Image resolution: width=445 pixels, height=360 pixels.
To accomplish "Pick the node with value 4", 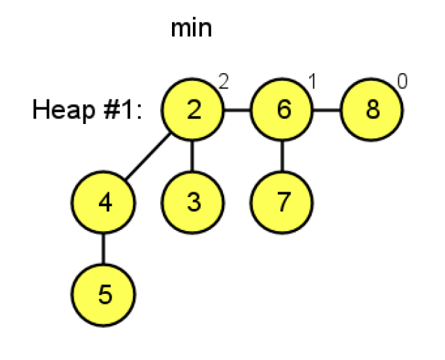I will (x=104, y=202).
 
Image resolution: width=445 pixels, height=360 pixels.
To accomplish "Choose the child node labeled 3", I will (x=193, y=202).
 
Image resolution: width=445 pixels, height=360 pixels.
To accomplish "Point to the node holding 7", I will (x=282, y=202).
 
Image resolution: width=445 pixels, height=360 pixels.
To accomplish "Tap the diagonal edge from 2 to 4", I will (x=148, y=157).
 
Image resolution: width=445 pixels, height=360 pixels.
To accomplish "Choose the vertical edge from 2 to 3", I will (x=193, y=156).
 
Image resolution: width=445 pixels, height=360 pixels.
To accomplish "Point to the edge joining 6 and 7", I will (x=282, y=156).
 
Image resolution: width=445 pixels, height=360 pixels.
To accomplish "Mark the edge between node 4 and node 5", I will (x=104, y=248).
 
